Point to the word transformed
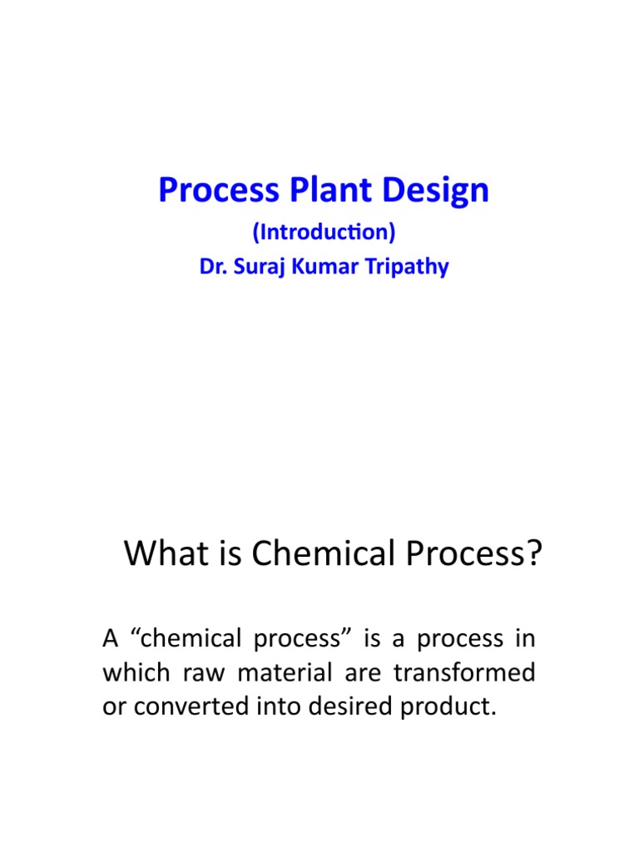click(464, 672)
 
